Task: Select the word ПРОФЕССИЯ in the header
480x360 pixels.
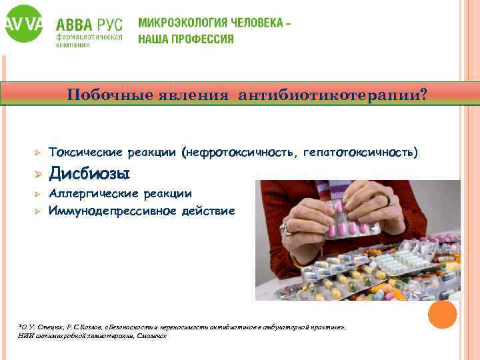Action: [203, 39]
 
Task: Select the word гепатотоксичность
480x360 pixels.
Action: [361, 153]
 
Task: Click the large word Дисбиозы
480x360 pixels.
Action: [89, 173]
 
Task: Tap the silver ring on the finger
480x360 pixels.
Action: [288, 229]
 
